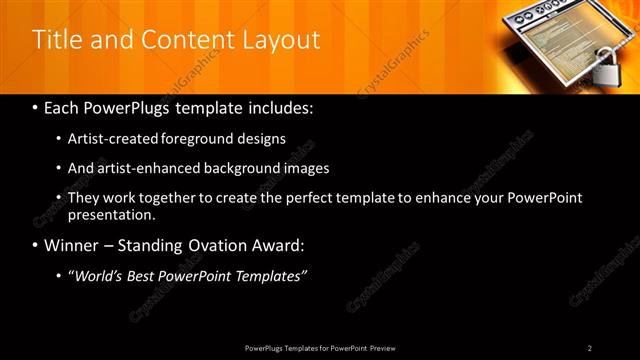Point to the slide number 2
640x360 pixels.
point(589,347)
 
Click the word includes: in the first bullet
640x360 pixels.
point(280,106)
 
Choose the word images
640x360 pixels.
point(306,168)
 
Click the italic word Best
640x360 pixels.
point(145,275)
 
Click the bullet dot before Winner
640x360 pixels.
point(36,245)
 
